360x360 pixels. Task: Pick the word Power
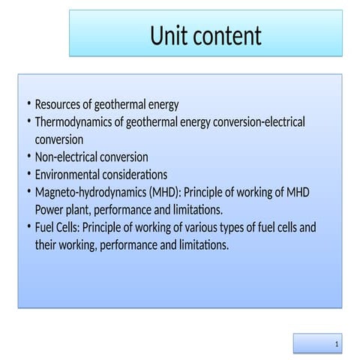[50, 210]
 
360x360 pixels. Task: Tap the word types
[257, 227]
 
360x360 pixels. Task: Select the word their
[47, 245]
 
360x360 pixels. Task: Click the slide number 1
[337, 343]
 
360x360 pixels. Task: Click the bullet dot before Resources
[27, 104]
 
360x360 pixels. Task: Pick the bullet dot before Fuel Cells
[27, 227]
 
